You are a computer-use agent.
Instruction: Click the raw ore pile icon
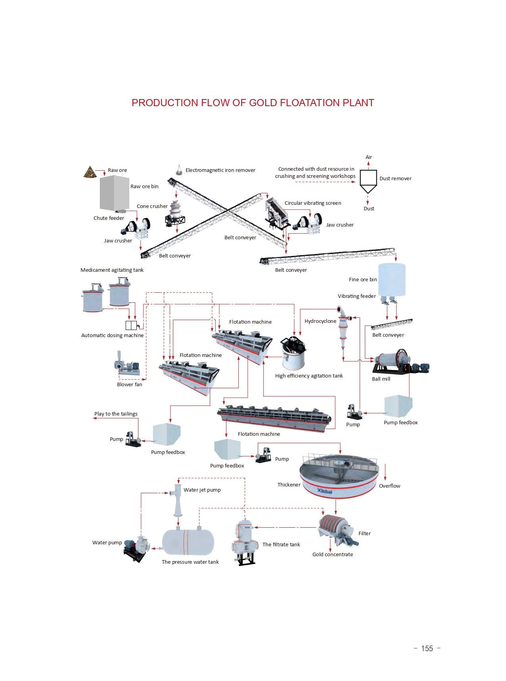click(x=90, y=172)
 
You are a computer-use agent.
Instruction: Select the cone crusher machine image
click(x=175, y=214)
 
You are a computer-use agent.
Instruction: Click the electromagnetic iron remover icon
click(x=179, y=170)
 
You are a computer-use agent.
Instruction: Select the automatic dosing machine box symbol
click(x=131, y=325)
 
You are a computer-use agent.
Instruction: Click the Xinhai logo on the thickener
click(x=324, y=491)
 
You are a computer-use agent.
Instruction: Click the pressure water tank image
click(x=188, y=542)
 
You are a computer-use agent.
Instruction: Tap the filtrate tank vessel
click(x=243, y=541)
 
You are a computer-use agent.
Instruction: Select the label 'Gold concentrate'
click(x=332, y=554)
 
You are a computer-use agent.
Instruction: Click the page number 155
click(x=427, y=649)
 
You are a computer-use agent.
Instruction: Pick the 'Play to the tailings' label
click(x=116, y=414)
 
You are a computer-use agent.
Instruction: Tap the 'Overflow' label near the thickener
click(x=389, y=486)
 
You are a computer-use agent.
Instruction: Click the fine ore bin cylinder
click(x=392, y=279)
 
